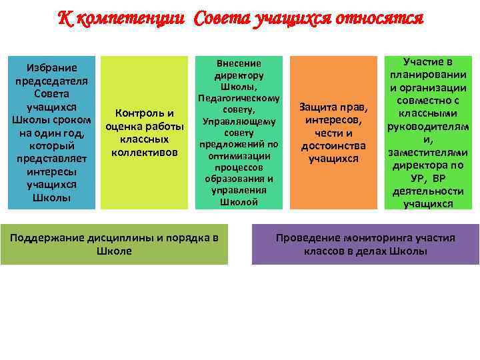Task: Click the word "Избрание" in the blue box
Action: click(51, 67)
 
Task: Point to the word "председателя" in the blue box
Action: click(51, 81)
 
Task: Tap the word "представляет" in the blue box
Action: click(51, 159)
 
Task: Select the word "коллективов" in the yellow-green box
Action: click(145, 153)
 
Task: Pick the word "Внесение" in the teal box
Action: click(239, 63)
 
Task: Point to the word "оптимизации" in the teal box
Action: click(239, 155)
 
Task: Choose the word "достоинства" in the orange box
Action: click(333, 145)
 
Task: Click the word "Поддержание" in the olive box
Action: click(41, 238)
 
